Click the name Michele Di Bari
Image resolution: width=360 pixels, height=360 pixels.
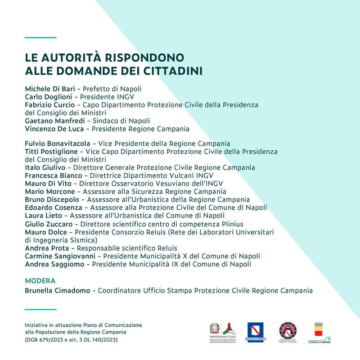(49, 89)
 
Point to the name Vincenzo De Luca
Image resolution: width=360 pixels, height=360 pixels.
(54, 129)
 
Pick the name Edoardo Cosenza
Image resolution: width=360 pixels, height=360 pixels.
(54, 207)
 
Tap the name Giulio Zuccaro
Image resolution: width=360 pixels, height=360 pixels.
(48, 224)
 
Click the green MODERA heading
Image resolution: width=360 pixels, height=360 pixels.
(40, 281)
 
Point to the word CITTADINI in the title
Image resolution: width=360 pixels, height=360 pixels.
(173, 71)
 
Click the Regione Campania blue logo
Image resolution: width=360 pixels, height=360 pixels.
(256, 332)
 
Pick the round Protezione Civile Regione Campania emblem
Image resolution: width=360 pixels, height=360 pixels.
(288, 332)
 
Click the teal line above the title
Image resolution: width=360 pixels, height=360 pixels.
(40, 37)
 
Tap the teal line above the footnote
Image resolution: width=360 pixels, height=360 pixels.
(40, 310)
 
